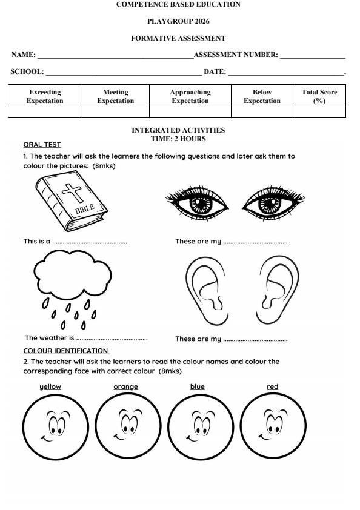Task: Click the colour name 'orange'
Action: point(125,386)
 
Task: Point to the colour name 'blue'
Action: point(197,386)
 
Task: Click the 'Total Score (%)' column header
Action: point(319,96)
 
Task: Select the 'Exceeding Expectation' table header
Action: point(45,96)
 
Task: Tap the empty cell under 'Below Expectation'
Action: point(262,111)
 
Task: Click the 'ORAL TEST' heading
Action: point(42,145)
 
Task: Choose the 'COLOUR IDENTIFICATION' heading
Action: point(66,351)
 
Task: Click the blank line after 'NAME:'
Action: point(115,56)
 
